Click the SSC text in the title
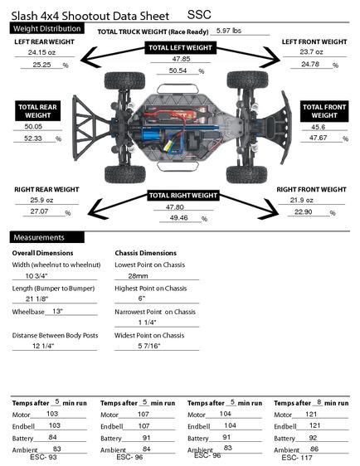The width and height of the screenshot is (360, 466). (x=199, y=15)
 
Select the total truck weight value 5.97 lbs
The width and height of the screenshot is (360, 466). (x=228, y=31)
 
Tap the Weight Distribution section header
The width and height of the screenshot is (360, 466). (x=47, y=29)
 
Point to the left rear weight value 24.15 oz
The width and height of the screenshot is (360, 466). (x=41, y=52)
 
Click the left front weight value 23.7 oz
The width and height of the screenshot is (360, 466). (x=311, y=52)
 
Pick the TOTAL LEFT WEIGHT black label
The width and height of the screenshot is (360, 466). (x=181, y=48)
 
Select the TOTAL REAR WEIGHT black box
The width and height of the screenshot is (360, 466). (x=38, y=111)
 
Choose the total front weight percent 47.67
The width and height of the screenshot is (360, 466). (x=318, y=138)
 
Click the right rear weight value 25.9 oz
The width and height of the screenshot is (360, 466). (x=41, y=200)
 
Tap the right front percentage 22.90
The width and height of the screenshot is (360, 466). (x=304, y=211)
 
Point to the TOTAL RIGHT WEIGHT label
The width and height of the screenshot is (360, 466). (x=183, y=195)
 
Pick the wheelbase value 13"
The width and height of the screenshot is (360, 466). (x=57, y=311)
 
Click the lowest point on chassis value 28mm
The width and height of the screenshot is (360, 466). (x=138, y=276)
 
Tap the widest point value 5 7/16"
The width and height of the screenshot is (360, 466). (x=149, y=346)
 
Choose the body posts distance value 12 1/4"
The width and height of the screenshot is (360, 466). (x=43, y=346)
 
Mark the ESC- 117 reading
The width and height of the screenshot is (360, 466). (x=297, y=458)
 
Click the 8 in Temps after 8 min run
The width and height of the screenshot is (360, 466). (x=319, y=402)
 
